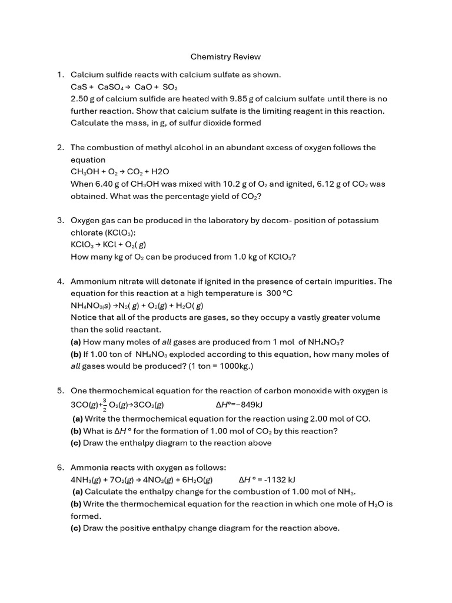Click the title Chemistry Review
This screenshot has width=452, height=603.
point(225,57)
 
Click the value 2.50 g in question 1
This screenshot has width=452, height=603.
point(82,99)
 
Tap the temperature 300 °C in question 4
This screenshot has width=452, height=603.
point(280,293)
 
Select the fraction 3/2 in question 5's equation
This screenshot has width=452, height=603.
point(105,405)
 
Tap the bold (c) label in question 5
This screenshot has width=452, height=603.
point(77,443)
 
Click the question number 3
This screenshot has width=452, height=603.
point(61,220)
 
